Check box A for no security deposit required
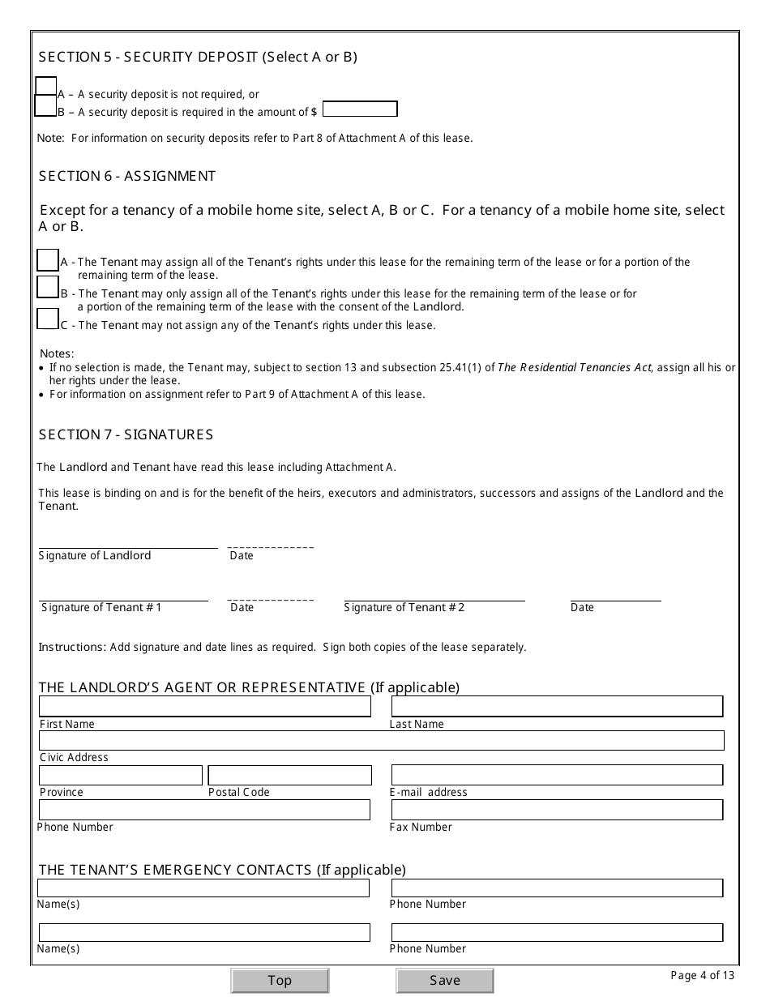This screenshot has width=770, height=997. pos(46,87)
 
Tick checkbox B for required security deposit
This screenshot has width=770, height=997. pos(46,105)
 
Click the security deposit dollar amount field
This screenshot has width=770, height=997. pos(360,109)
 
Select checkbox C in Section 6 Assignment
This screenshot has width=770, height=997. pos(48,319)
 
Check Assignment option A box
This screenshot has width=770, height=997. pos(48,260)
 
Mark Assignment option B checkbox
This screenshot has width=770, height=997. pos(48,288)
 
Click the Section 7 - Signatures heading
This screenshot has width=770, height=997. pos(126,435)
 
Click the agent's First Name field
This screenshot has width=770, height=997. pos(205,706)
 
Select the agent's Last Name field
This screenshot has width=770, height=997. pos(557,706)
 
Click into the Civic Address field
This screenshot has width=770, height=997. pos(381,740)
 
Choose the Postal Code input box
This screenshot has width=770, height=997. pos(289,776)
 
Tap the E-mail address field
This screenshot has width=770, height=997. pos(557,775)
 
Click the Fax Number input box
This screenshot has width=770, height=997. pos(557,810)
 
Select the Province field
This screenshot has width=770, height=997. pos(121,776)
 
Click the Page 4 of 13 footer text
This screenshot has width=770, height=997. pos(702,975)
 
